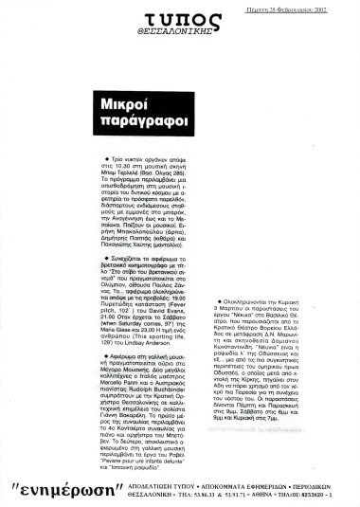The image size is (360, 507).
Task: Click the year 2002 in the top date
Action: pos(340,8)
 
